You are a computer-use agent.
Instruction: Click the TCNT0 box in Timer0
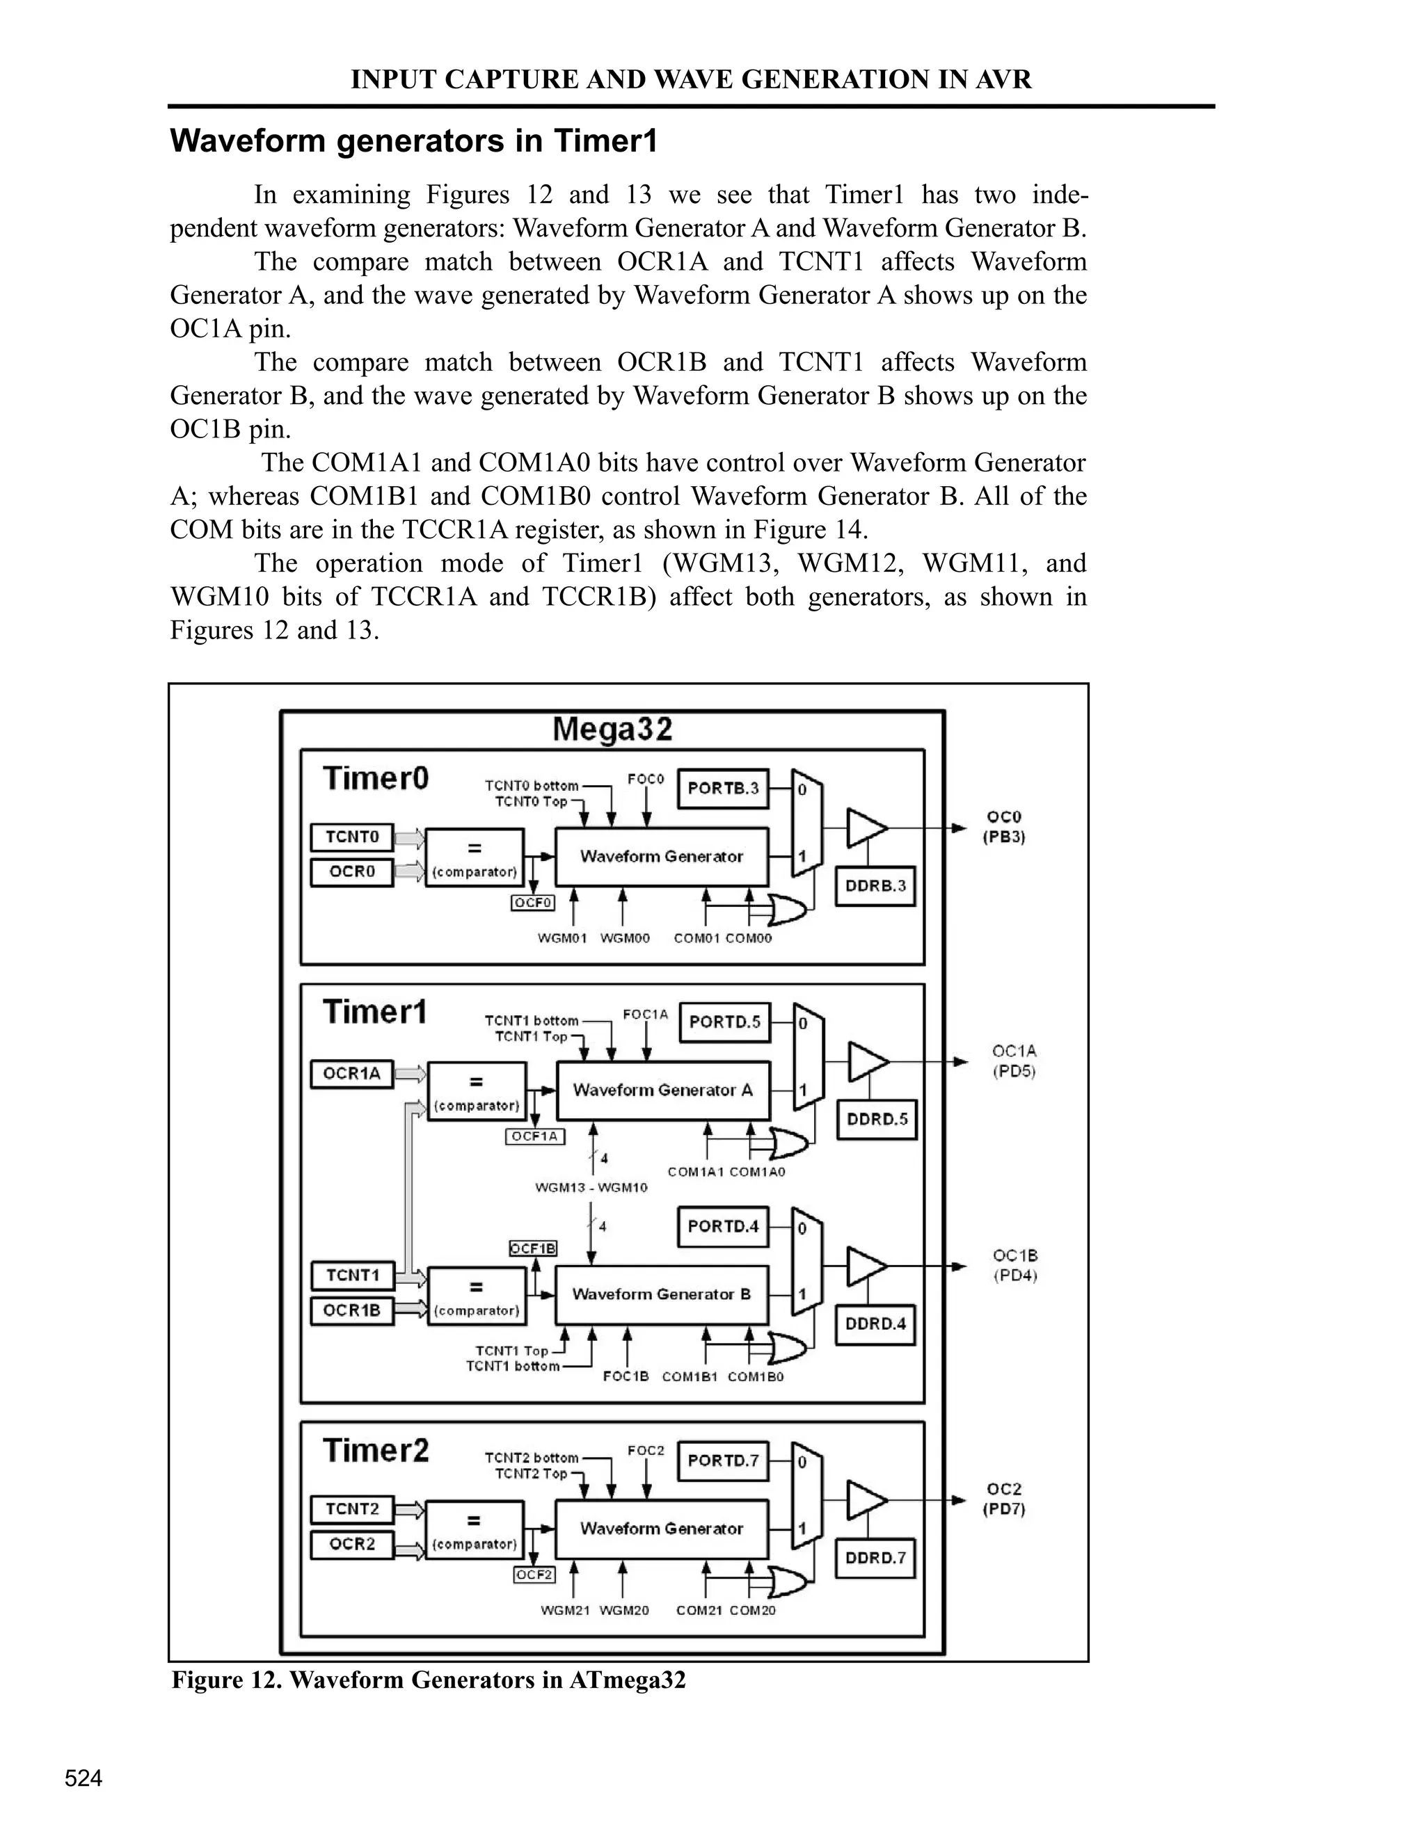352,837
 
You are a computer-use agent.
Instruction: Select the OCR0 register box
352,871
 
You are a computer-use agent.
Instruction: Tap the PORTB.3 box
723,788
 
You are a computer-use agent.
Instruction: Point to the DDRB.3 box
875,886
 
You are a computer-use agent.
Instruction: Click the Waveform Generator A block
662,1090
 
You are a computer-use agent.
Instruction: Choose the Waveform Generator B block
661,1294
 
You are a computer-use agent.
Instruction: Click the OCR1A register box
352,1075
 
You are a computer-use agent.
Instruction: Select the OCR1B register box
352,1310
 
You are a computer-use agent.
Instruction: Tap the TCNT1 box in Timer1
352,1275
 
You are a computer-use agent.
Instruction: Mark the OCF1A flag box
535,1136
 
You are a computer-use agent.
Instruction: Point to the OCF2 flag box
534,1575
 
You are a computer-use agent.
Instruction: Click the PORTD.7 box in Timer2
723,1460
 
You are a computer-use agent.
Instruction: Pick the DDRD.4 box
875,1323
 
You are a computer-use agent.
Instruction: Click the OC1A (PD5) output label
1013,1061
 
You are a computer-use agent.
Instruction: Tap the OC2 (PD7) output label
1004,1499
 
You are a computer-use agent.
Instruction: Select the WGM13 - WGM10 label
591,1187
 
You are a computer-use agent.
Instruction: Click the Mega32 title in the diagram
612,729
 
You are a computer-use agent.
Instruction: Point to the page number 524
83,1778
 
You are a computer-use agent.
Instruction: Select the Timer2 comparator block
475,1529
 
